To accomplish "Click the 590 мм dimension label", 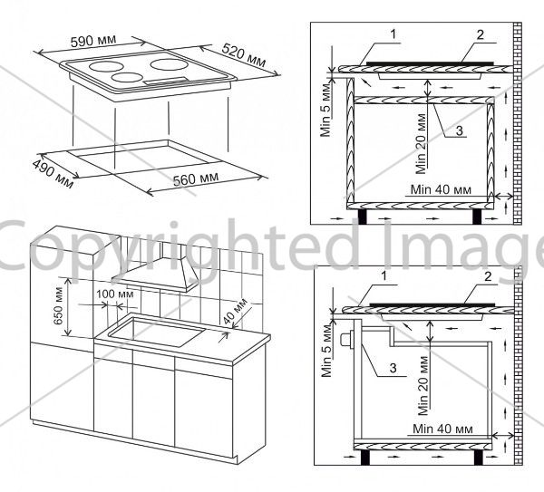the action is [x=93, y=41].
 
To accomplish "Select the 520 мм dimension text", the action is [x=244, y=54].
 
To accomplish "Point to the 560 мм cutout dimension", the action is [x=196, y=178].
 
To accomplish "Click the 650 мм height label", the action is [x=58, y=306].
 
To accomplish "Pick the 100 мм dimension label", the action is [x=115, y=294].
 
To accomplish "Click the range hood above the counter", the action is [x=155, y=267].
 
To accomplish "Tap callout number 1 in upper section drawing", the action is [x=393, y=34].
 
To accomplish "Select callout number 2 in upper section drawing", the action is [x=481, y=34].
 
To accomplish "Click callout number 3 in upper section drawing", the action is [x=460, y=130].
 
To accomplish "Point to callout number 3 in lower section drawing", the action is [x=393, y=368].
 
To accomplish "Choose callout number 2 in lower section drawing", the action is [x=488, y=276].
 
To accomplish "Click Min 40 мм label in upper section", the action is [x=441, y=189].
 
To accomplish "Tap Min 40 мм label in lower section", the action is [x=442, y=429].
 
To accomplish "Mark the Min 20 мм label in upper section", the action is [x=422, y=144].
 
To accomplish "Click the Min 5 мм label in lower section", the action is [x=326, y=352].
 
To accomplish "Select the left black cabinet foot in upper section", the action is [x=363, y=217].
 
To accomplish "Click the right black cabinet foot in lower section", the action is [x=479, y=458].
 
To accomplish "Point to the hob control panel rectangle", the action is [x=167, y=81].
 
